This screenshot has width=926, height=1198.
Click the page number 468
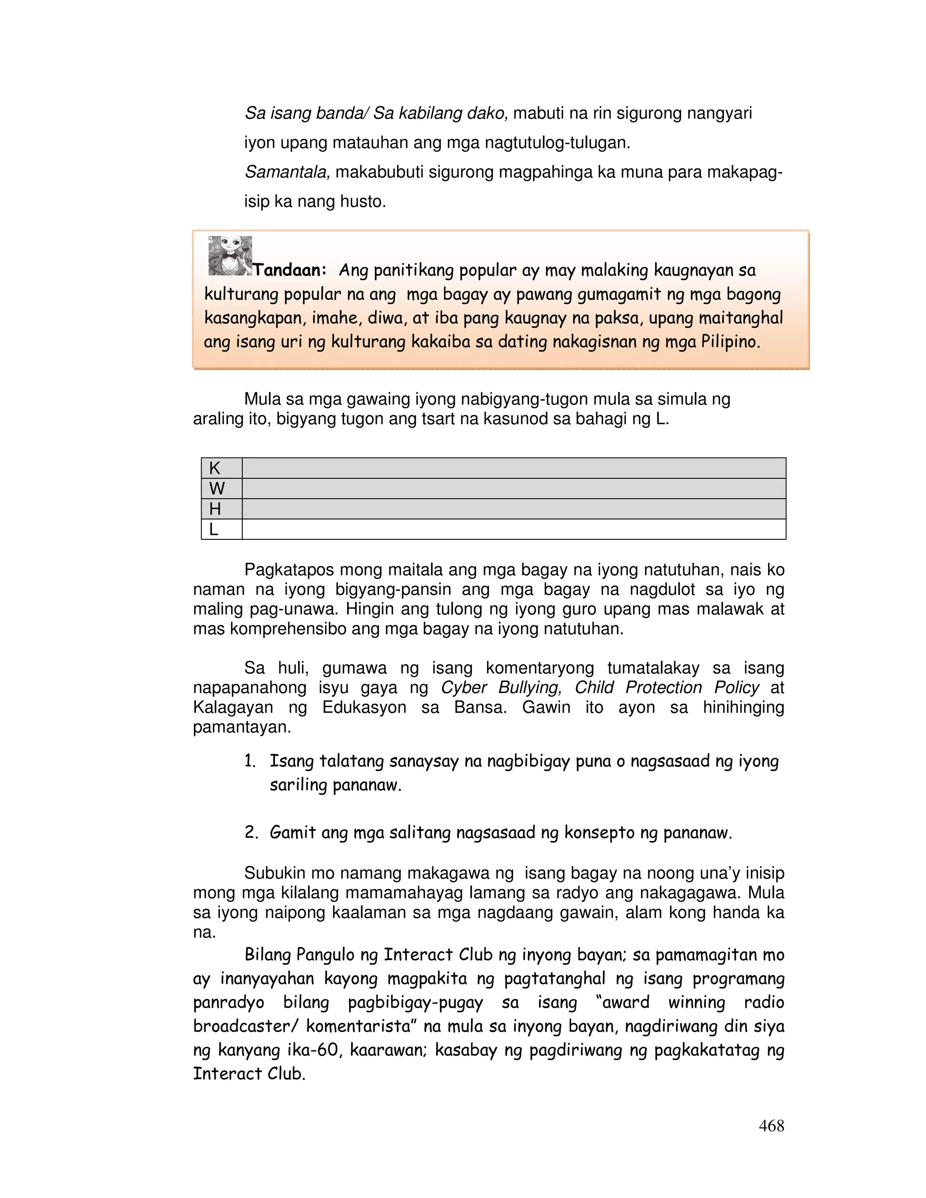click(771, 1126)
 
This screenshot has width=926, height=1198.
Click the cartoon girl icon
click(230, 255)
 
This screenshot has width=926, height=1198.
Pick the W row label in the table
click(217, 489)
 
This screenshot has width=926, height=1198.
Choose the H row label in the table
click(215, 509)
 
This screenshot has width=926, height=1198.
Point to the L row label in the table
click(213, 529)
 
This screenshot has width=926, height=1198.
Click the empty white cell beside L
click(514, 529)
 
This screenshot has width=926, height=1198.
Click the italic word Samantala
click(286, 172)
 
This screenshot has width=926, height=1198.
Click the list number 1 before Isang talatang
click(250, 761)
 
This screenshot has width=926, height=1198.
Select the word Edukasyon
click(364, 707)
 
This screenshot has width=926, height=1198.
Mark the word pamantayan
click(241, 727)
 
